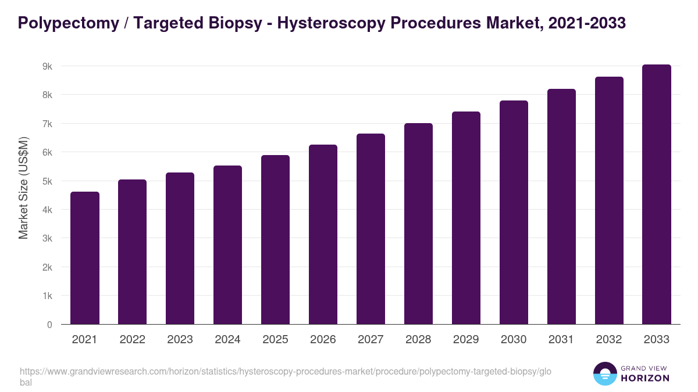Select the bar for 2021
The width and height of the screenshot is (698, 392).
85,258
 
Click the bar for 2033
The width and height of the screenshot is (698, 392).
657,195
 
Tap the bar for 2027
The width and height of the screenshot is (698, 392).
371,229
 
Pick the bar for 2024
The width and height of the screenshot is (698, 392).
227,244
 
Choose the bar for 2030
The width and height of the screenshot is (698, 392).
514,213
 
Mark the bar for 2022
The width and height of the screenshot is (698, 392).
133,251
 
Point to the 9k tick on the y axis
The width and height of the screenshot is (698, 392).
47,66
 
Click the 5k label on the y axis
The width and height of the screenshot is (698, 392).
47,181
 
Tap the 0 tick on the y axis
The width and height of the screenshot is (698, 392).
49,325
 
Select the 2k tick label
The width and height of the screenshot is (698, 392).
47,267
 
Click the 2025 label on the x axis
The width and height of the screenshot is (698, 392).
275,340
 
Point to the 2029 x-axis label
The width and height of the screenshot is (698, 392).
466,340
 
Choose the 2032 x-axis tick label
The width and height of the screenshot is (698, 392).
609,340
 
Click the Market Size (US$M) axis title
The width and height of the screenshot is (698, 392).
23,187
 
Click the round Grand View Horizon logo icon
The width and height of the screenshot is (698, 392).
604,373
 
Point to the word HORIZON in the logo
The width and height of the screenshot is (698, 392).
645,378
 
